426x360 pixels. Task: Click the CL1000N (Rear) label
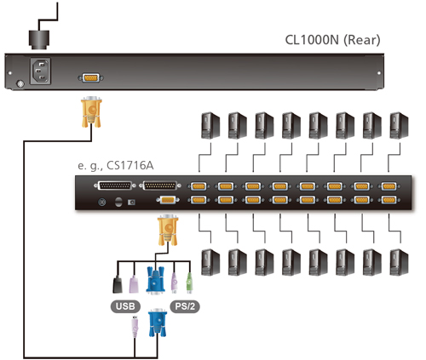(x=332, y=40)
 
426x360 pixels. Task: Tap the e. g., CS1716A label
(x=116, y=165)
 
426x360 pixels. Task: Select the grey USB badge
(x=125, y=306)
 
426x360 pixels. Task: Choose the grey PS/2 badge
(x=185, y=306)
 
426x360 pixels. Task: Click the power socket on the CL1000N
(x=41, y=71)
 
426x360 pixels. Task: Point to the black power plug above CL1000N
(x=39, y=39)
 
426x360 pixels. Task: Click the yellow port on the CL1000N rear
(x=91, y=77)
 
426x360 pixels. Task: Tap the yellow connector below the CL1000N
(x=91, y=111)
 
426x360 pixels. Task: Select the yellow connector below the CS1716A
(x=168, y=230)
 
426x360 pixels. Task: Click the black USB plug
(x=118, y=285)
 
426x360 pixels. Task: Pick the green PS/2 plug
(x=189, y=283)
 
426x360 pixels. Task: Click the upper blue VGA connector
(x=155, y=279)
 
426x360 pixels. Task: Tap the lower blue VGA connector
(x=158, y=323)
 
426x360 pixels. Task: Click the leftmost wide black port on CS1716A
(x=115, y=186)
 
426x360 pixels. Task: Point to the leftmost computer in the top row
(x=210, y=125)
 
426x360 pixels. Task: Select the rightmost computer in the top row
(x=399, y=125)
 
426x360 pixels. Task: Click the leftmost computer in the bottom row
(x=210, y=262)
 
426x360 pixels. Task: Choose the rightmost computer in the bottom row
(x=399, y=262)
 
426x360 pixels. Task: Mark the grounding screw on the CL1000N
(x=20, y=84)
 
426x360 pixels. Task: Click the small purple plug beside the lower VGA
(x=135, y=326)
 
